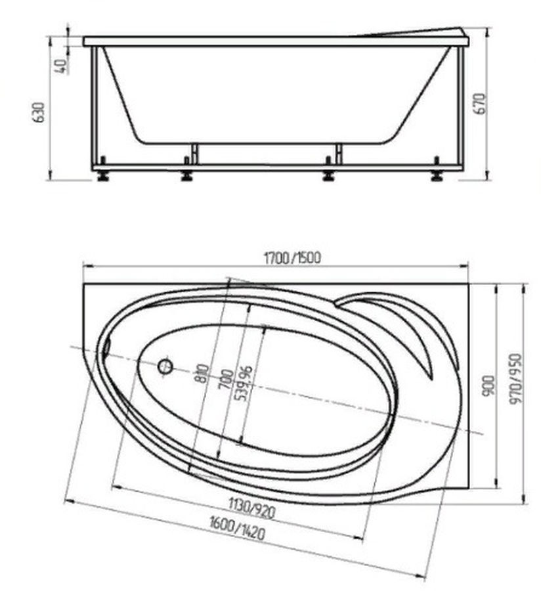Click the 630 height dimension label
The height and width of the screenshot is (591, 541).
(39, 112)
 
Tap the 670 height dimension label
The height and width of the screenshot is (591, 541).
(481, 104)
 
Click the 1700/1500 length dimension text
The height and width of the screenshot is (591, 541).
(292, 258)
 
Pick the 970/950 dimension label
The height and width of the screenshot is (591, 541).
(515, 378)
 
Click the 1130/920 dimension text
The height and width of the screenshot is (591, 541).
(252, 508)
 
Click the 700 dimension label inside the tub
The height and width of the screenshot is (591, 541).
(227, 379)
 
